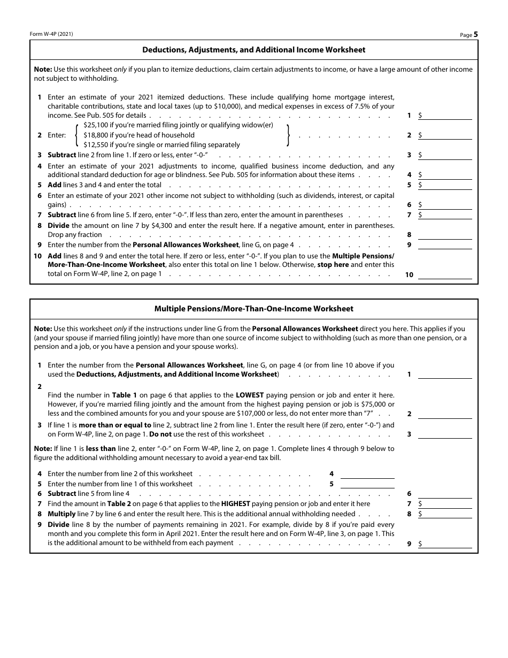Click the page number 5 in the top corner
click(475, 34)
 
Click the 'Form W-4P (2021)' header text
click(51, 34)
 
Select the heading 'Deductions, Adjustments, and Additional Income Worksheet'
click(253, 50)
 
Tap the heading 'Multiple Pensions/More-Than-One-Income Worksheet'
click(253, 309)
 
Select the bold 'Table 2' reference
click(119, 503)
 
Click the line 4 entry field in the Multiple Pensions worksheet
click(367, 474)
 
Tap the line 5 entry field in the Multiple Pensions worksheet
click(367, 484)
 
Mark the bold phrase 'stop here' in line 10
click(333, 264)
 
